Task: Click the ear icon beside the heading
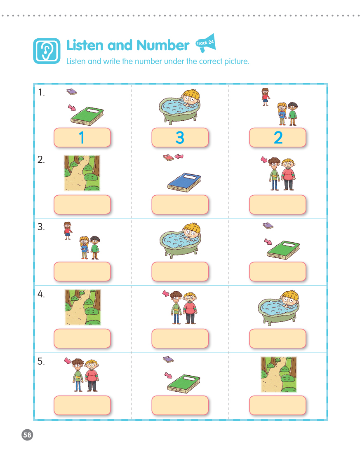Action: pyautogui.click(x=47, y=51)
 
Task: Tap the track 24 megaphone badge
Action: pyautogui.click(x=205, y=43)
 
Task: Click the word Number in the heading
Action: pyautogui.click(x=163, y=45)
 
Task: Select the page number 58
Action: pyautogui.click(x=27, y=435)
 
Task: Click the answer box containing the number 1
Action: pyautogui.click(x=82, y=138)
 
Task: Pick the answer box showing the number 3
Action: pyautogui.click(x=180, y=138)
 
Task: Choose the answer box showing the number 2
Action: pyautogui.click(x=278, y=138)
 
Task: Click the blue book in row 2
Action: pyautogui.click(x=184, y=182)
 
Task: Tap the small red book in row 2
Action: pyautogui.click(x=168, y=157)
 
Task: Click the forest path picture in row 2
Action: pyautogui.click(x=82, y=173)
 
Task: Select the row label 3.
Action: pyautogui.click(x=41, y=227)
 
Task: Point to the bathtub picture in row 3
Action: pyautogui.click(x=180, y=240)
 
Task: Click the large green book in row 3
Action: pyautogui.click(x=283, y=250)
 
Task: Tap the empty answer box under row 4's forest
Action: pyautogui.click(x=82, y=339)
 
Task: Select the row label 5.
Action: pyautogui.click(x=41, y=361)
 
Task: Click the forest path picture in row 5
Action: pyautogui.click(x=278, y=374)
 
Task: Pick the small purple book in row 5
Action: pyautogui.click(x=168, y=360)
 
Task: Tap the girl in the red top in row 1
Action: pyautogui.click(x=266, y=97)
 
